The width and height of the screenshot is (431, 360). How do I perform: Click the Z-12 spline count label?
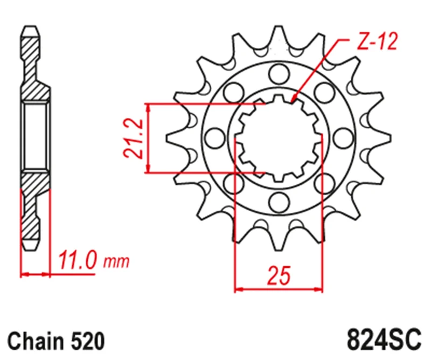click(378, 41)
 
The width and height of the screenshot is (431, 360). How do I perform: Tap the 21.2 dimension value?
click(133, 139)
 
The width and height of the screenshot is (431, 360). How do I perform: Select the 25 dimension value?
click(279, 275)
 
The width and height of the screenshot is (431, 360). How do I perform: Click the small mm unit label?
click(116, 262)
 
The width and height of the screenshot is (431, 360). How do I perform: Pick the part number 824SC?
click(384, 340)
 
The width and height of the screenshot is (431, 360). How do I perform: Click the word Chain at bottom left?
click(36, 342)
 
